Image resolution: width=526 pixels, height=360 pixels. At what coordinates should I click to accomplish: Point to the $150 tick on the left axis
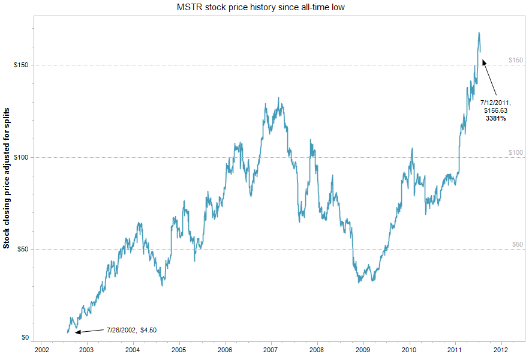(x=20, y=65)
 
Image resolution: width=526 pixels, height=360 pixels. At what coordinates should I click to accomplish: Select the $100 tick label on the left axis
(x=20, y=157)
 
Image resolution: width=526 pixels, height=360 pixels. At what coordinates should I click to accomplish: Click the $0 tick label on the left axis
(x=24, y=337)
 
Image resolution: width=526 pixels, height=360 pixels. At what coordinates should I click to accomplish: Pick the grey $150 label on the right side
(x=515, y=60)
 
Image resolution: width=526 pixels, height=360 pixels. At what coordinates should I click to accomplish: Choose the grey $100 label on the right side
(x=515, y=152)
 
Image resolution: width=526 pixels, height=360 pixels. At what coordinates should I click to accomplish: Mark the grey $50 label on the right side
(x=517, y=244)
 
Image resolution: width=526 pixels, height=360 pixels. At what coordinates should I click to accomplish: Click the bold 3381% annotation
(x=495, y=119)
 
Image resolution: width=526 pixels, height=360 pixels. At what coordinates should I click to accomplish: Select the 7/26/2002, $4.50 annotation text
(x=131, y=329)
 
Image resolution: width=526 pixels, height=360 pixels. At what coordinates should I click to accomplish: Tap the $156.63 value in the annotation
(x=495, y=111)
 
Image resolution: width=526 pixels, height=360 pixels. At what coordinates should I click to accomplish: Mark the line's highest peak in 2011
(x=479, y=32)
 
